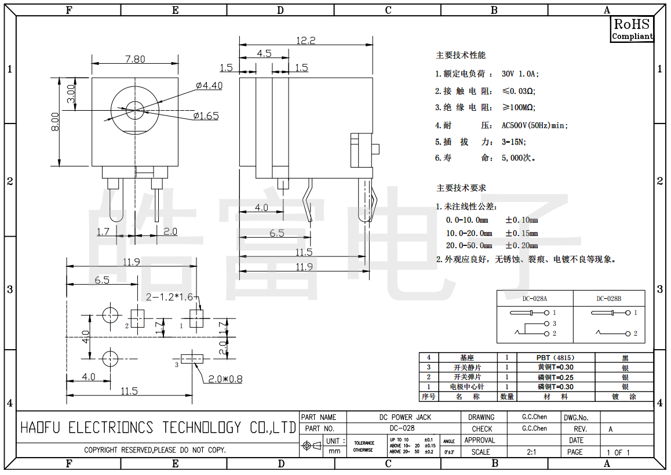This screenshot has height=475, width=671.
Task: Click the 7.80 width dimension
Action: pos(135,59)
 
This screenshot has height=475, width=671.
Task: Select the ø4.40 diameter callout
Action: pos(209,85)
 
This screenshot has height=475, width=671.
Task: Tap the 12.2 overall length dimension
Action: pos(305,41)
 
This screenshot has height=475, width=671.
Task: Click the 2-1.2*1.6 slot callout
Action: pos(169,298)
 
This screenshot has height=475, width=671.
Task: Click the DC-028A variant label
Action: pos(534,299)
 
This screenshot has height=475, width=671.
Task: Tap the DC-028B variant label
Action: pos(608,299)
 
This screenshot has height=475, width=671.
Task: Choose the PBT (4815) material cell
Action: pos(555,358)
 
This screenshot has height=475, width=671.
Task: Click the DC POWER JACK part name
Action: pos(405,417)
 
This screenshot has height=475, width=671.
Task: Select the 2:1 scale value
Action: pos(531,452)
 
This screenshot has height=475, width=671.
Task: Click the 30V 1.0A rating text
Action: pos(520,74)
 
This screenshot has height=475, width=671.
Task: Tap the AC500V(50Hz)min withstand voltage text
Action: pos(534,125)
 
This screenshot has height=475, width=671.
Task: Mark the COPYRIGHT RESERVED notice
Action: pos(155,450)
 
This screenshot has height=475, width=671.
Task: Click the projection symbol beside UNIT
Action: pos(312,446)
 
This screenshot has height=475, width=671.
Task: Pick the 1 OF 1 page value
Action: pos(618,452)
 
